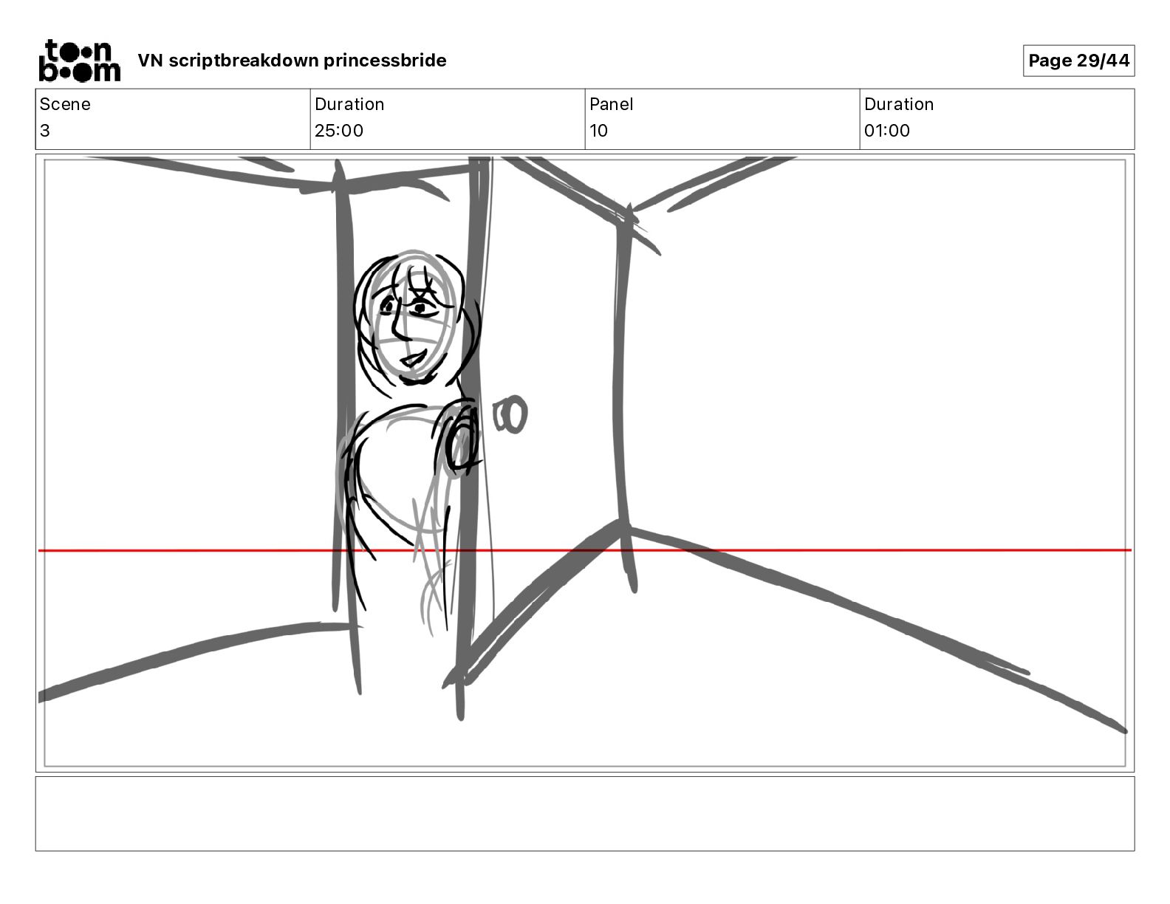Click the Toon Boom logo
pyautogui.click(x=80, y=61)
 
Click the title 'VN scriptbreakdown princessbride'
pyautogui.click(x=292, y=61)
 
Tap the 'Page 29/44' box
pyautogui.click(x=1078, y=61)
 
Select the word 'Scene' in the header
pyautogui.click(x=65, y=104)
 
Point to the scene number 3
pyautogui.click(x=45, y=130)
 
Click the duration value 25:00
pyautogui.click(x=339, y=130)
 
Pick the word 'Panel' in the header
pyautogui.click(x=611, y=104)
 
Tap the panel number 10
pyautogui.click(x=599, y=130)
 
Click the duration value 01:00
pyautogui.click(x=887, y=130)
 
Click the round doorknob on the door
pyautogui.click(x=510, y=414)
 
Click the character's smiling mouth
pyautogui.click(x=414, y=357)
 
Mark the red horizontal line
pyautogui.click(x=585, y=550)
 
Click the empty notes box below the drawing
pyautogui.click(x=585, y=814)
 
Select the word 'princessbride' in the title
pyautogui.click(x=385, y=61)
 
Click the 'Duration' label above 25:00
pyautogui.click(x=349, y=104)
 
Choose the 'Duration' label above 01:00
pyautogui.click(x=899, y=104)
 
